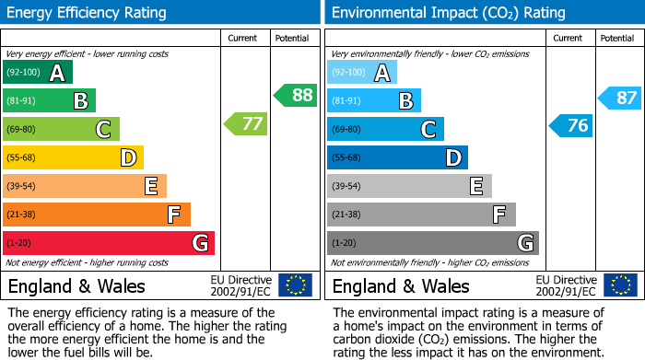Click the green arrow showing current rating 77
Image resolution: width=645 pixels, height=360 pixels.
pos(247,123)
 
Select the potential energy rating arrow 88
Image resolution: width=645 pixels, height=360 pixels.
pos(296,95)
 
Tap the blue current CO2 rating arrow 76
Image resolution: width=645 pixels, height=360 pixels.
pos(571,125)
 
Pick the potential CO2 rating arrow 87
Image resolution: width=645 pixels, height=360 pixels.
pos(619,98)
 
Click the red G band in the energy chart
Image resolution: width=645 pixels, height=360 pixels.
pos(109,243)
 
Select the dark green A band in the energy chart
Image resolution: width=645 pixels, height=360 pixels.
pos(38,73)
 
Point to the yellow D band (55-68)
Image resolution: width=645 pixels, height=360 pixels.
pos(73,158)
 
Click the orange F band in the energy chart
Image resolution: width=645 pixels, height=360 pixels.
pos(97,215)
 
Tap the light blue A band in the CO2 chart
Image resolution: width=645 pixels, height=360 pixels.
pos(362,73)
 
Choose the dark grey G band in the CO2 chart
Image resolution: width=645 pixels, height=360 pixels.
pos(432,243)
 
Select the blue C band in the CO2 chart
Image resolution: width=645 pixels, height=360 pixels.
pos(385,130)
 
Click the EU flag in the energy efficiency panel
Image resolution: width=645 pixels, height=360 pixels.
pos(295,285)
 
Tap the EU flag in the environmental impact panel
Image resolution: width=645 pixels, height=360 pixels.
pos(619,285)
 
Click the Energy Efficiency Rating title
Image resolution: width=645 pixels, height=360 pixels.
pos(88,13)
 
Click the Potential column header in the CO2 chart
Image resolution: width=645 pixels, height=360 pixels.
pos(616,38)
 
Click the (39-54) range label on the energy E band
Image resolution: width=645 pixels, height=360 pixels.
pos(21,187)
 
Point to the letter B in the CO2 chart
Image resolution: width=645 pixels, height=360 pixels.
pos(405,101)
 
